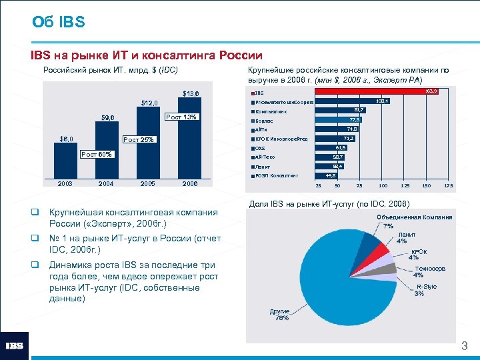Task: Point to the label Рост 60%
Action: click(97, 155)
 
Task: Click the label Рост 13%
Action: click(181, 117)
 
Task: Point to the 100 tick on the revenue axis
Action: click(383, 185)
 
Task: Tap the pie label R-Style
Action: click(426, 287)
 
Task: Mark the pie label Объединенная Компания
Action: click(414, 217)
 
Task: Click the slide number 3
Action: click(465, 347)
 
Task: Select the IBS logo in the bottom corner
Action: click(15, 345)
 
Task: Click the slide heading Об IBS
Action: click(59, 23)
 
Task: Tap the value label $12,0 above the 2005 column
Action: click(148, 103)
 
